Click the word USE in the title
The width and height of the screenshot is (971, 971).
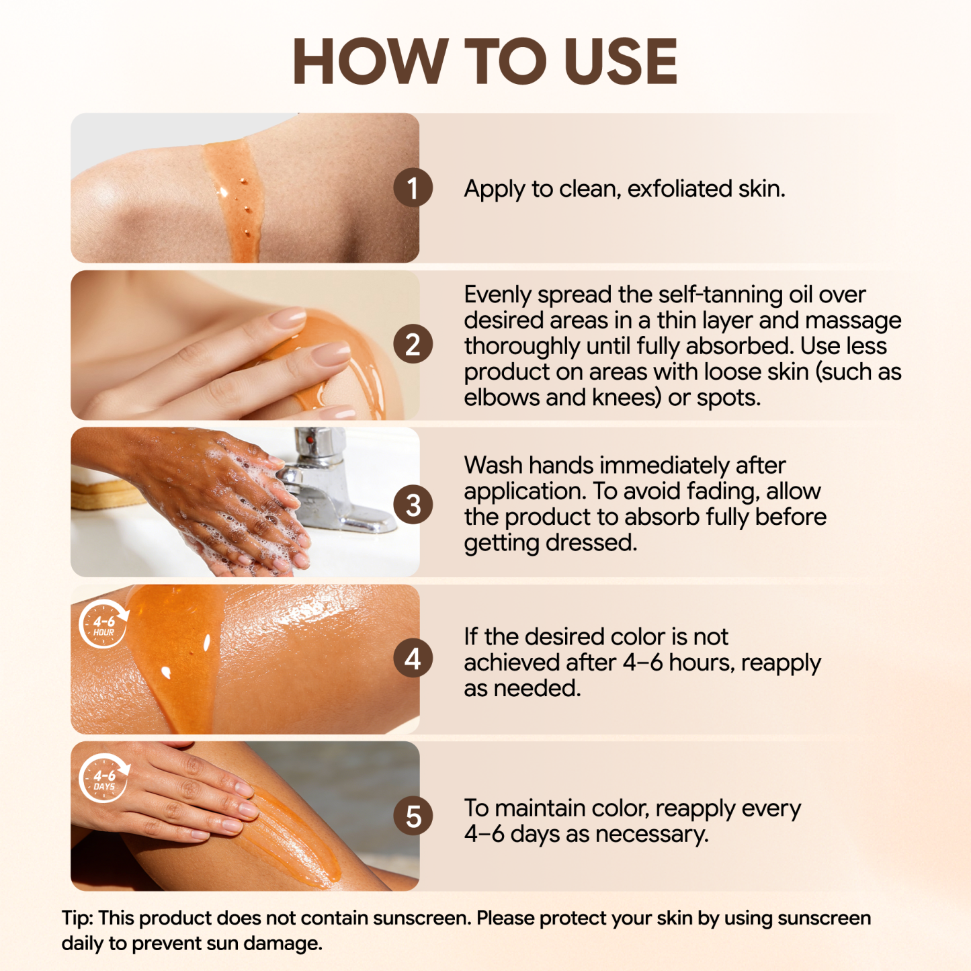coord(621,62)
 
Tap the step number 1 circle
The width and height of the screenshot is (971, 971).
coord(413,188)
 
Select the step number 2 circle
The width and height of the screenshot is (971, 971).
coord(413,345)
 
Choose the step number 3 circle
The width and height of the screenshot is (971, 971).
coord(413,505)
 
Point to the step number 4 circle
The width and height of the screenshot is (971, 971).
coord(413,659)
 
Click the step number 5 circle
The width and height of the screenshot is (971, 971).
coord(413,817)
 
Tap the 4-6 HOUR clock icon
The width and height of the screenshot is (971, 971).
coord(103,624)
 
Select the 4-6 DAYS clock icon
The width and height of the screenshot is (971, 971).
coord(103,779)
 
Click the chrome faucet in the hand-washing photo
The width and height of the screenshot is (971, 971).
coord(323,470)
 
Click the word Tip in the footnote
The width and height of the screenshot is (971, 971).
coord(77,919)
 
